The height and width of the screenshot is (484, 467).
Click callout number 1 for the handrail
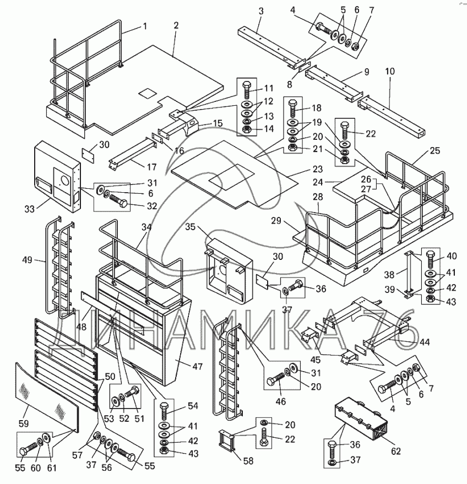pos(145,26)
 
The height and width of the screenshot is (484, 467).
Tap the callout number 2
pos(176,25)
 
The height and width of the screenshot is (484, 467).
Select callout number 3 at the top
pos(260,11)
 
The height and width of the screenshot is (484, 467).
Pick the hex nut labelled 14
pos(247,129)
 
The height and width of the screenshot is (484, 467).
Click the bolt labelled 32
pos(118,203)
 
